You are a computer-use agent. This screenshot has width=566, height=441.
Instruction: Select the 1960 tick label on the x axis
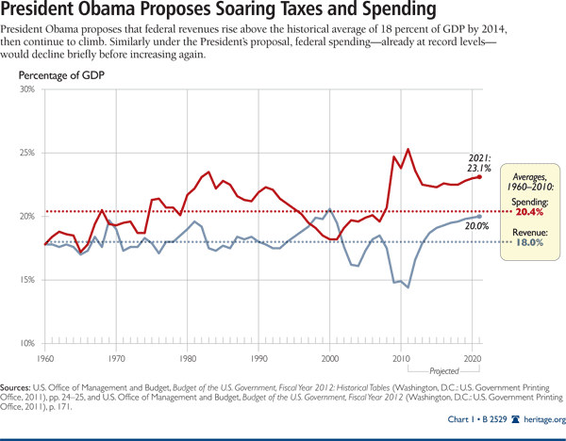tap(43, 359)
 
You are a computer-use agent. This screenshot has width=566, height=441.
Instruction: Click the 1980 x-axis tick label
tap(187, 359)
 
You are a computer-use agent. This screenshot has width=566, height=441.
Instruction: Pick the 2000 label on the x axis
tap(330, 359)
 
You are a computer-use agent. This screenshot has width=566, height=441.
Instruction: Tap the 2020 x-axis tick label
tap(473, 359)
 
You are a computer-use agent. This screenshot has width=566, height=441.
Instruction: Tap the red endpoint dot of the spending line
tap(480, 176)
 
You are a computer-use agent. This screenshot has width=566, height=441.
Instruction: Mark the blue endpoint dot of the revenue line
tap(480, 217)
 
